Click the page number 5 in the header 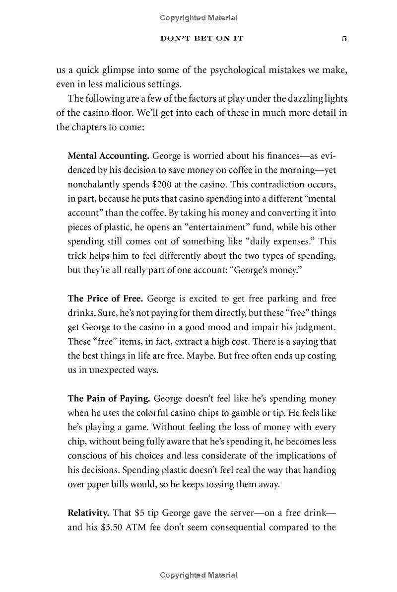tap(344, 39)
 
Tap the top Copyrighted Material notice tap(198, 18)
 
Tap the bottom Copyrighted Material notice tap(198, 575)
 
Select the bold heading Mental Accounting tap(108, 155)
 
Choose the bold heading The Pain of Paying tap(109, 398)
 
